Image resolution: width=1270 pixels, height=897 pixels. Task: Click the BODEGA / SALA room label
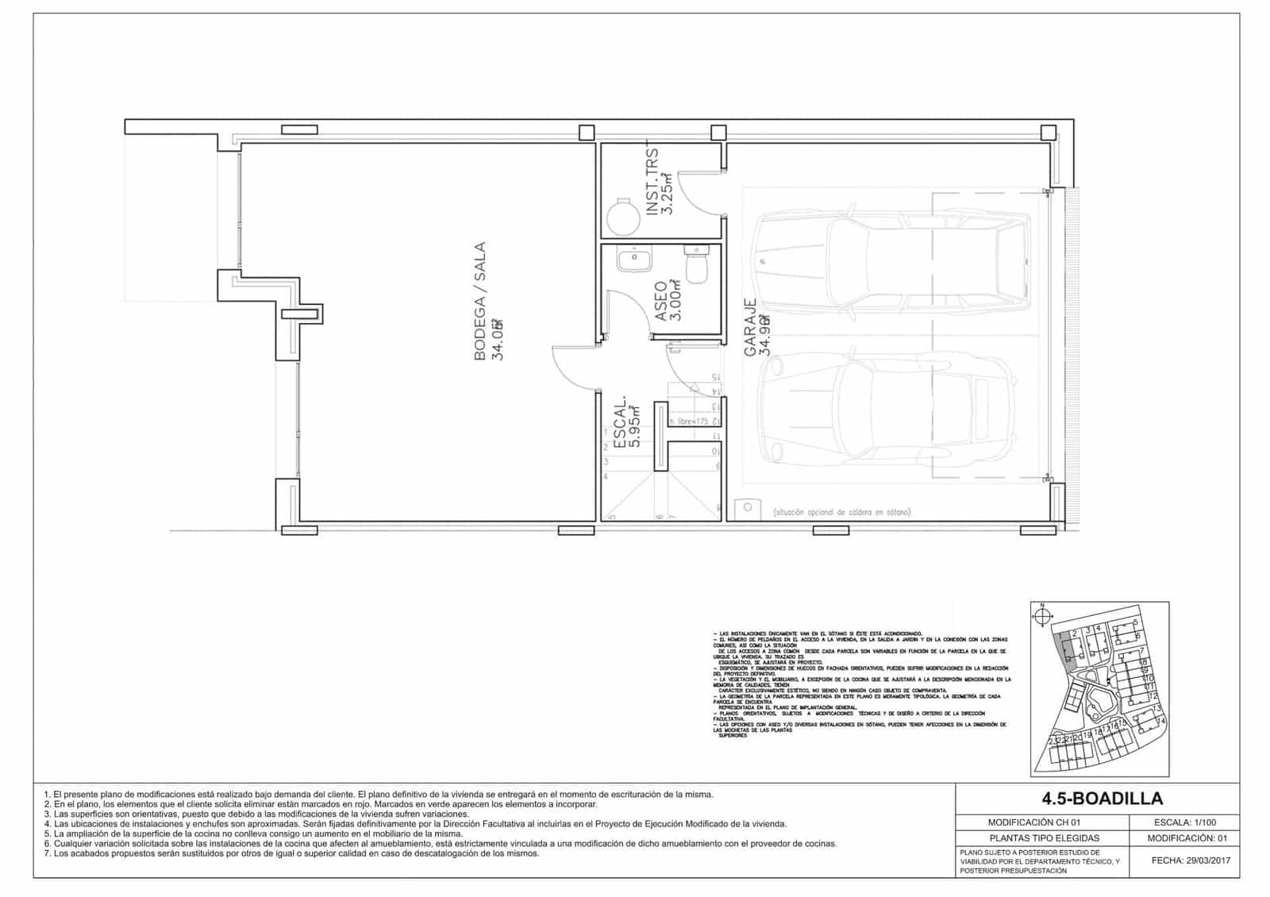point(480,302)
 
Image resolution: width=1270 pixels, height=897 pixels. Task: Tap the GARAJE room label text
point(750,325)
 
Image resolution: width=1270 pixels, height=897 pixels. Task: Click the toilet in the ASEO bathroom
point(697,264)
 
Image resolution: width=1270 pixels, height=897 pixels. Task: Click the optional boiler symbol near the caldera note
point(747,506)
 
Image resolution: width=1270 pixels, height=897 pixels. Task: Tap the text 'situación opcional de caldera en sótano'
point(841,513)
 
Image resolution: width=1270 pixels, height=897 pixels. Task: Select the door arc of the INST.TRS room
point(702,191)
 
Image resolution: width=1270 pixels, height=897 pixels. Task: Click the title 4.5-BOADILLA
point(1097,799)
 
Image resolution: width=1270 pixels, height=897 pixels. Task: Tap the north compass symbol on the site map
point(1042,618)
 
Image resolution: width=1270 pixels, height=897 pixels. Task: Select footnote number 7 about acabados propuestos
point(294,853)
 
